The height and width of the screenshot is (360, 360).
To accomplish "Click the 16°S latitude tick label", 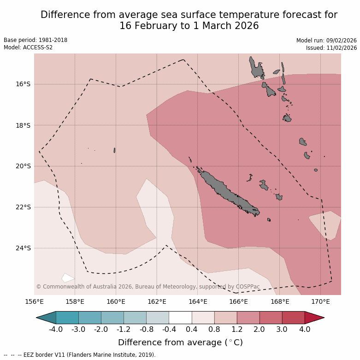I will tap(23, 84).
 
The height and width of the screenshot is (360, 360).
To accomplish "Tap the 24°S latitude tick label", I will tap(23, 248).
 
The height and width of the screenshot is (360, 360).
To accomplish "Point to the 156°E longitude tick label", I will tap(34, 302).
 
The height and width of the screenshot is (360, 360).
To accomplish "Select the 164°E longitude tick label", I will tap(198, 302).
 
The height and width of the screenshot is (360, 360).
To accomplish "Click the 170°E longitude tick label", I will tap(320, 302).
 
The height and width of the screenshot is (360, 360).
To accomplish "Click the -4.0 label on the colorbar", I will tap(56, 330).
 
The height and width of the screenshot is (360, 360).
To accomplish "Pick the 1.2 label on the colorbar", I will tap(237, 330).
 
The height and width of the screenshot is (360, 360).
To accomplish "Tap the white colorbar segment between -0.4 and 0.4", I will tap(180, 318).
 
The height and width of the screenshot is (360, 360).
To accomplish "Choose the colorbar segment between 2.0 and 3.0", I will tap(271, 318).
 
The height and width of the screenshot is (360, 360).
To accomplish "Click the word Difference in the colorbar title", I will tap(138, 342).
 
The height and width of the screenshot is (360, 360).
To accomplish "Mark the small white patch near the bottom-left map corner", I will tap(68, 277).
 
